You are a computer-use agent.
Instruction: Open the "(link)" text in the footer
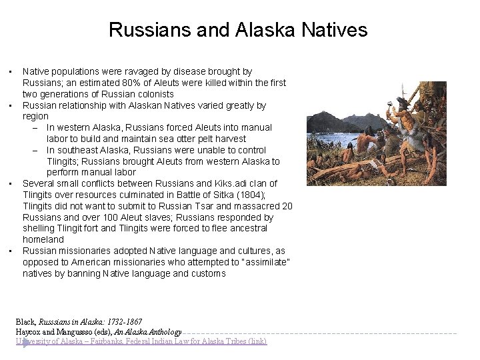click(255, 341)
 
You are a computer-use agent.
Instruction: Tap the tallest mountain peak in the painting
click(324, 113)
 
